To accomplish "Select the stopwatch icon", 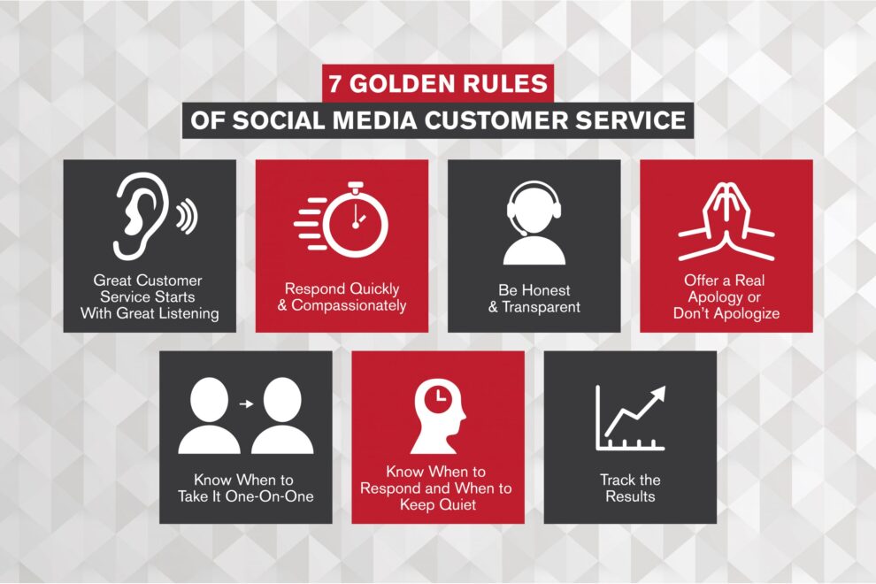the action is (342, 219).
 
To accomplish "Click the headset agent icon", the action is (534, 223).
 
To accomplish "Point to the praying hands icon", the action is (726, 222).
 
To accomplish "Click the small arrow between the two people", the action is (246, 403).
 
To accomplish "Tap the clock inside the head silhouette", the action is (440, 397).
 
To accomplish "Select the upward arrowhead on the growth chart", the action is (657, 394).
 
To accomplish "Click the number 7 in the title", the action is (334, 84).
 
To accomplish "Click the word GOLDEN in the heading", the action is (401, 84).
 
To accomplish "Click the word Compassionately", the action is (349, 305).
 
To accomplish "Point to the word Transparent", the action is (541, 307).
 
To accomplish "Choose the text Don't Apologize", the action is (726, 313).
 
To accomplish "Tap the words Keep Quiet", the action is (438, 505).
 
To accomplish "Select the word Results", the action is (630, 496).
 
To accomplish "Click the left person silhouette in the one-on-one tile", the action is (210, 416).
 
